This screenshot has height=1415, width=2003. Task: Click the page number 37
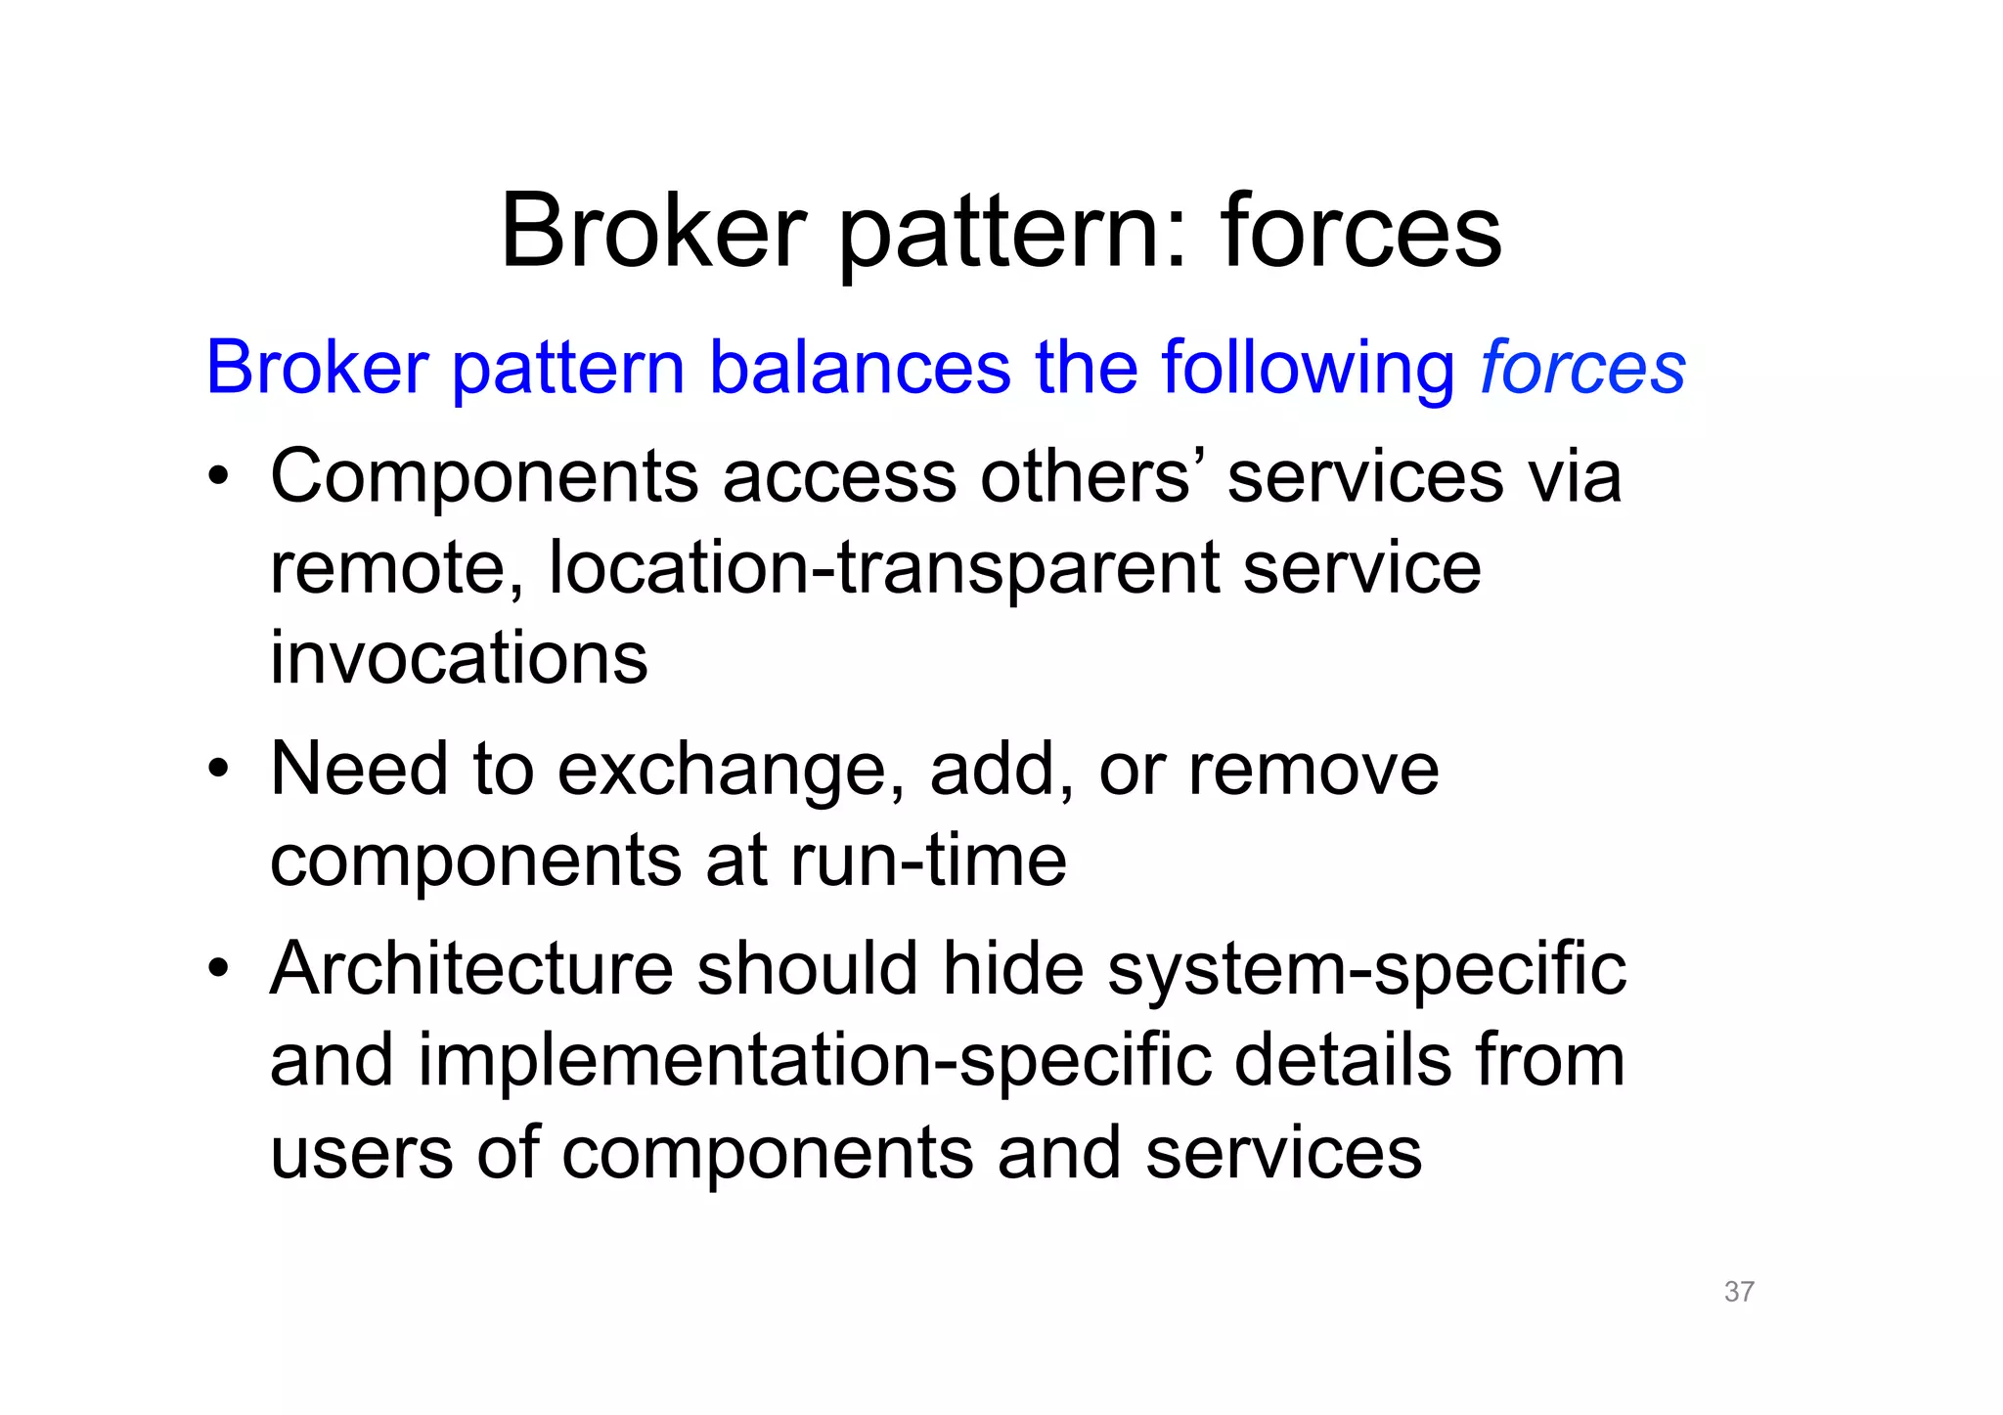(x=1738, y=1292)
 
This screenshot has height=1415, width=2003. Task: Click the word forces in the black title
(x=1360, y=232)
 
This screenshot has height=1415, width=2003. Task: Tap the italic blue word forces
(x=1582, y=369)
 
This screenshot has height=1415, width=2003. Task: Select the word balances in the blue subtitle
(x=860, y=369)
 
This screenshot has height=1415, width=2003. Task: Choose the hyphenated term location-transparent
(x=883, y=569)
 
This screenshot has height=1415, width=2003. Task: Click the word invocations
(x=459, y=658)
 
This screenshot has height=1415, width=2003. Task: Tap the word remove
(x=1313, y=770)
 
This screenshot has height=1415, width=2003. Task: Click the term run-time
(x=927, y=861)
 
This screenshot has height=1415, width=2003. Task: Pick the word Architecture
(x=471, y=969)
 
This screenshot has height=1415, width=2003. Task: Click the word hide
(x=1013, y=969)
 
